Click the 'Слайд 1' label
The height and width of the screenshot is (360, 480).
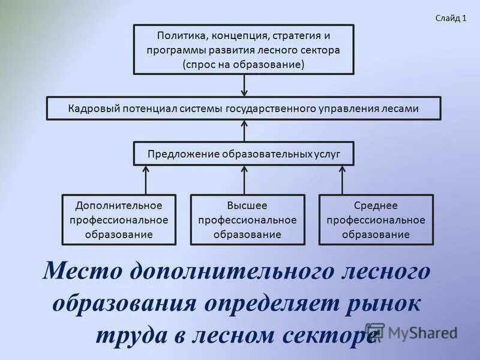click(451, 18)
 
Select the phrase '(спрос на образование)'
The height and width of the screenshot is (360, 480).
click(244, 64)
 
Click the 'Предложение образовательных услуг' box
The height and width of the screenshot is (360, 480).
click(244, 154)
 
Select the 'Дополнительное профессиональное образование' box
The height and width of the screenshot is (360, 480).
click(119, 220)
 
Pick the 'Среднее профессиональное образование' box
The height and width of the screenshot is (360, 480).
click(376, 220)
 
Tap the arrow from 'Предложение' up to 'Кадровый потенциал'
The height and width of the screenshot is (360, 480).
click(244, 130)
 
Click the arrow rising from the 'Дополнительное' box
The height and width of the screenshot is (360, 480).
click(145, 179)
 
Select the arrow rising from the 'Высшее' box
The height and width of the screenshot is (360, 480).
click(244, 179)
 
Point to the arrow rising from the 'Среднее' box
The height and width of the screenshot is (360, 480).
click(343, 179)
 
